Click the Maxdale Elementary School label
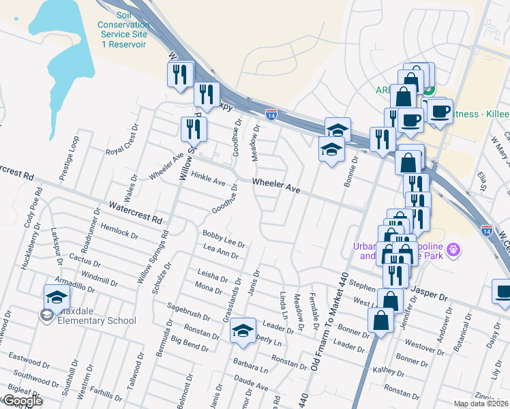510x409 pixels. [97, 320]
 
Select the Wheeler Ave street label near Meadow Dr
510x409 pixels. [276, 185]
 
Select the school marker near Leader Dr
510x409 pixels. [243, 331]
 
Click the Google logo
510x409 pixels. [22, 401]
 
